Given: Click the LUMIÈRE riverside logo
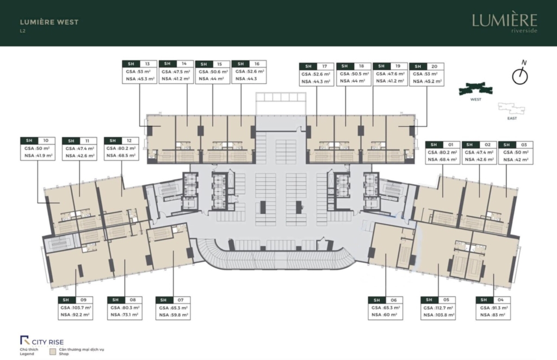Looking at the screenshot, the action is [x=504, y=23].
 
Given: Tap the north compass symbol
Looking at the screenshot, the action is [x=520, y=73].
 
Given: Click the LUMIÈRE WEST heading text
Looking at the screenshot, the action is [x=49, y=22].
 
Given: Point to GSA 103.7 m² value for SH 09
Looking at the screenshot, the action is [x=76, y=308].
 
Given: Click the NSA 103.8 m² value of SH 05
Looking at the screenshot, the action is [x=439, y=315].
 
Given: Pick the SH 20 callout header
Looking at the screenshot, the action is [x=426, y=66].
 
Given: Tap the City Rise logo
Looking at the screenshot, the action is [x=42, y=341].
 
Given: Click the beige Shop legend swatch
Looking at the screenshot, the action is [x=53, y=352].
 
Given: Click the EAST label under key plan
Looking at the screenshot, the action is [x=512, y=118].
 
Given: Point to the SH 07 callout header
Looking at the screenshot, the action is [x=173, y=300].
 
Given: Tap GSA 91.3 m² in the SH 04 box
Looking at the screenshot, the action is [x=493, y=308].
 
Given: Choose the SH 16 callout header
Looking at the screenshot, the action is [x=249, y=64].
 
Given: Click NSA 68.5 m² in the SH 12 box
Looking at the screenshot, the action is [x=121, y=156].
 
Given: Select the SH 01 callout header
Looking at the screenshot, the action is [x=443, y=145].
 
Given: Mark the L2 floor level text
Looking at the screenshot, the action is [x=22, y=31].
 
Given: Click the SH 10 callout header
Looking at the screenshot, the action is [x=38, y=141].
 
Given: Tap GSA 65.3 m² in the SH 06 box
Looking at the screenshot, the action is [x=386, y=308].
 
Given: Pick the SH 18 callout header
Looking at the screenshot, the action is [x=354, y=66].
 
